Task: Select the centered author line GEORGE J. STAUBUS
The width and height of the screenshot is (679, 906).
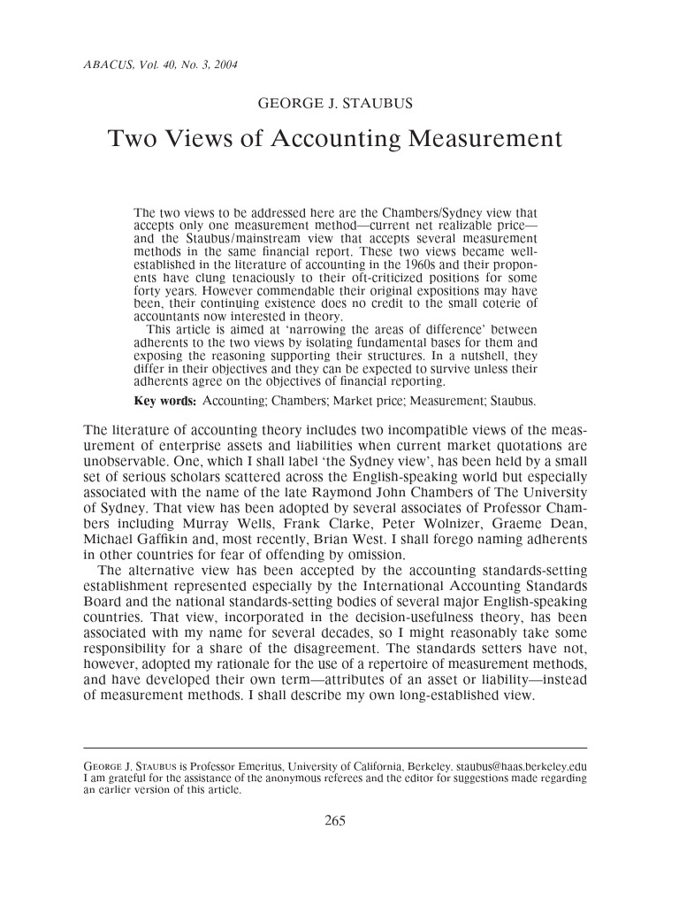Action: (x=334, y=104)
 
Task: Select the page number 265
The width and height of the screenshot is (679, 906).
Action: (x=334, y=819)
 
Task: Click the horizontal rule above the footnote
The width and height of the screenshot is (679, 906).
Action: (x=334, y=748)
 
